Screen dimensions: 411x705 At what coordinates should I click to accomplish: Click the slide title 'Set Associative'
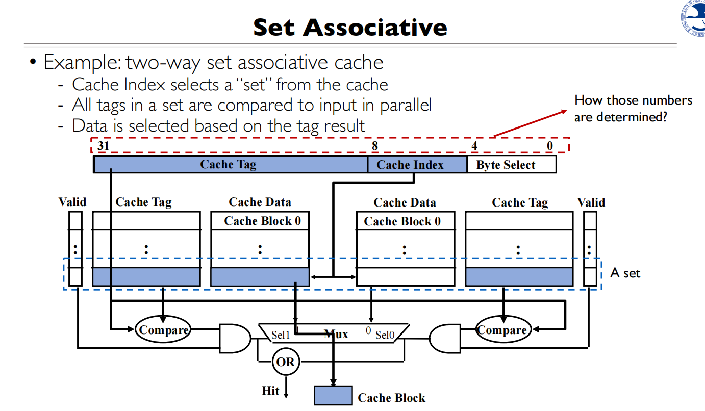coord(350,27)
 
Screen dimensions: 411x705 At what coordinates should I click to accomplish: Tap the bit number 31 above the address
coord(104,146)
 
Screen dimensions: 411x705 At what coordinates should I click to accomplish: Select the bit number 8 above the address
coord(374,146)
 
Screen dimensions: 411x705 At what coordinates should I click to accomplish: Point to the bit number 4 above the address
coord(474,146)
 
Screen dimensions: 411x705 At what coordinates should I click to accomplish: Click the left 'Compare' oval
coord(163,330)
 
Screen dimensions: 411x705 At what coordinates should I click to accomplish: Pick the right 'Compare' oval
coord(503,330)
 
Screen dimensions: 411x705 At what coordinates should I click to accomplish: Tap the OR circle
coord(285,362)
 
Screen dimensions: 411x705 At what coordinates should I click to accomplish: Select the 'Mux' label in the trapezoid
coord(336,335)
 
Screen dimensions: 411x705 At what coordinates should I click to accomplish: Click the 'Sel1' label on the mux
coord(281,335)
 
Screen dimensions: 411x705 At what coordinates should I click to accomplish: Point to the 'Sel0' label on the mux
coord(385,335)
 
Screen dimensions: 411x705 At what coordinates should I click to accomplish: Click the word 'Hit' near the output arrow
coord(270,391)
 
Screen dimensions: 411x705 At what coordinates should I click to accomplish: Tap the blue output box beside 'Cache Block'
coord(333,396)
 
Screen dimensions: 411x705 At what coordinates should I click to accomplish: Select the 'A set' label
coord(625,273)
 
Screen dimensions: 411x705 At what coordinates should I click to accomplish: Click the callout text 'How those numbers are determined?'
coord(633,108)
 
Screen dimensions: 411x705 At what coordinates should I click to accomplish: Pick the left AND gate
coord(234,338)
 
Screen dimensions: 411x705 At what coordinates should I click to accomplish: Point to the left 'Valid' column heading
coord(72,202)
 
